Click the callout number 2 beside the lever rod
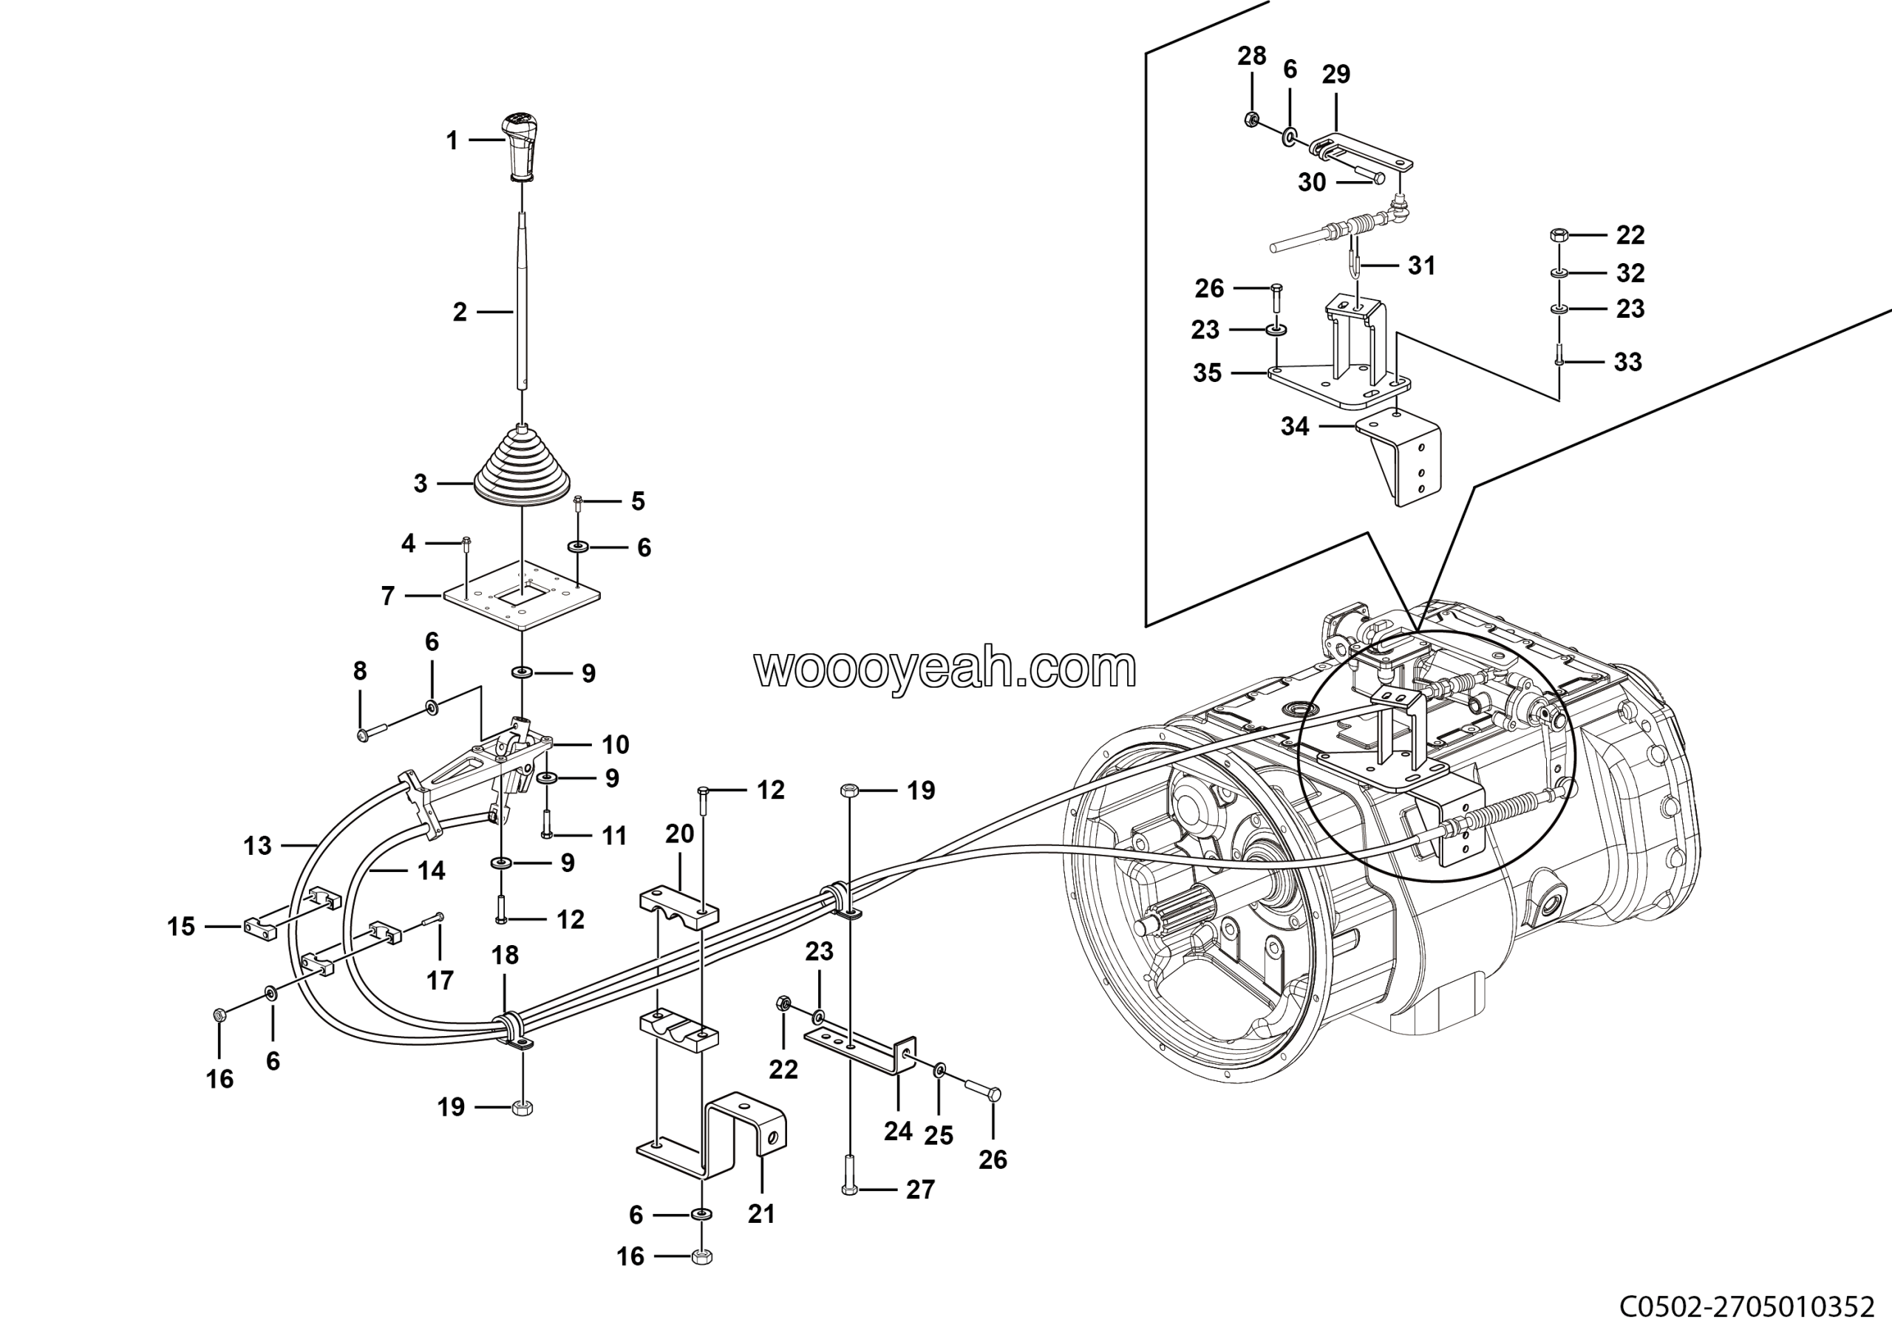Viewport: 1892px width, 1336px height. (x=460, y=312)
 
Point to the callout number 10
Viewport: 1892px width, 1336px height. (x=616, y=745)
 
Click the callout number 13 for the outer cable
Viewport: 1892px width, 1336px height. (x=257, y=846)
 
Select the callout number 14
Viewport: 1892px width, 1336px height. (x=431, y=870)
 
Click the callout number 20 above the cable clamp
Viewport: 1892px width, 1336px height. (x=680, y=834)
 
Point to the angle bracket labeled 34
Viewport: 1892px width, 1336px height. (x=1401, y=461)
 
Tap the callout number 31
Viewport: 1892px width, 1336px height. (x=1421, y=265)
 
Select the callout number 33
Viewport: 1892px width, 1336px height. (x=1627, y=361)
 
